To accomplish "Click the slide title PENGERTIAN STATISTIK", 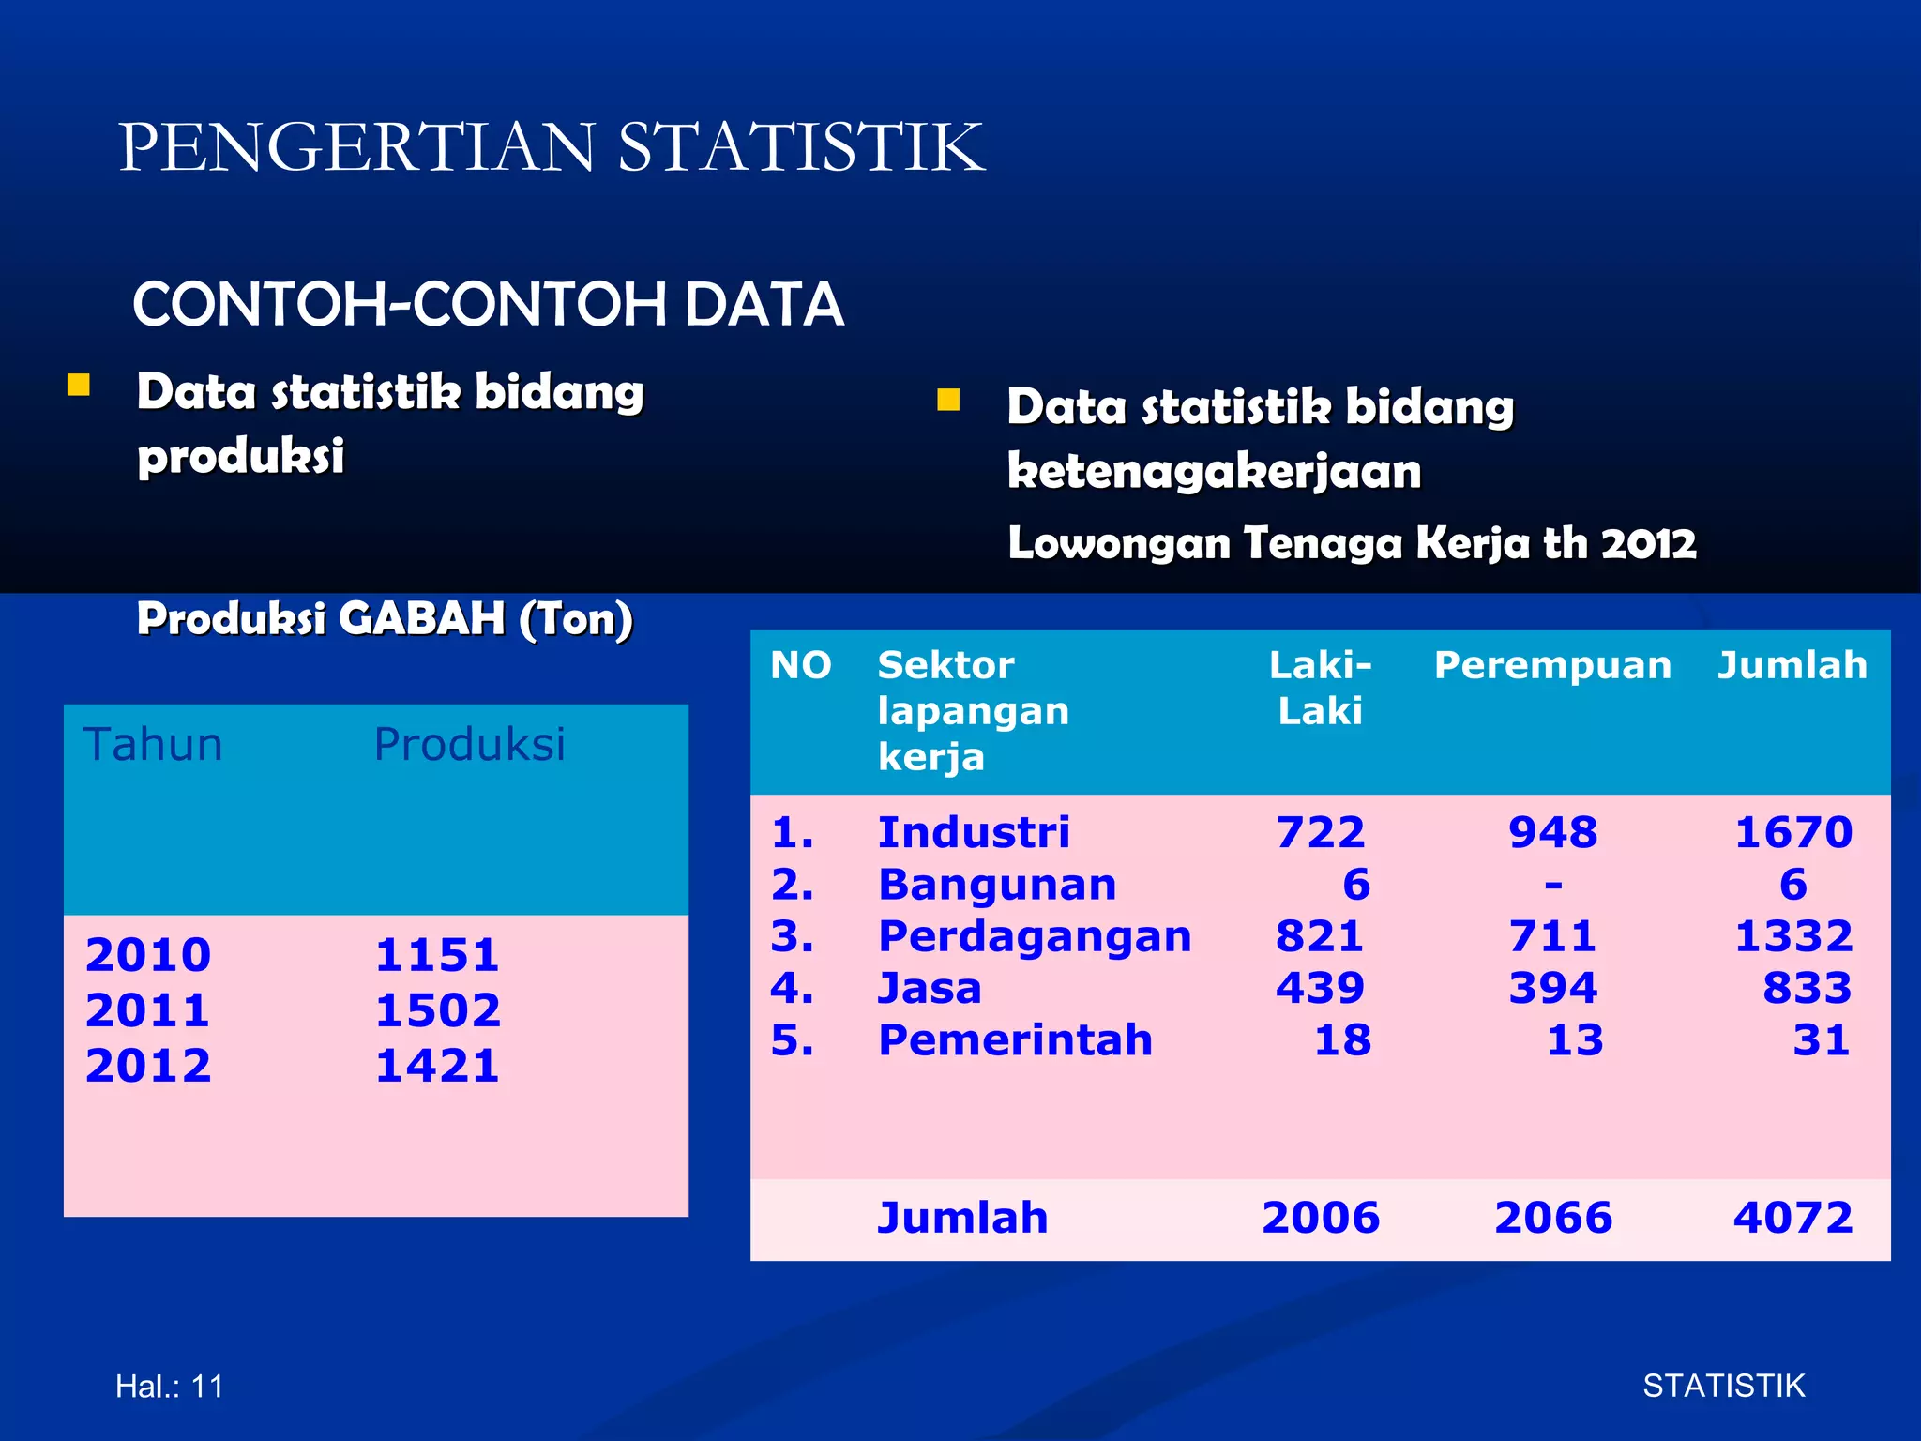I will (x=552, y=147).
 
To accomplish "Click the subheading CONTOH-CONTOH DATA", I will (x=488, y=305).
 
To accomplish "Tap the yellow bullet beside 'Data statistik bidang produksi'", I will (x=79, y=386).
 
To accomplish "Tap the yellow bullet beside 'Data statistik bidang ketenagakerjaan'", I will (x=948, y=401).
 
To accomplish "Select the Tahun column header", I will (x=153, y=745).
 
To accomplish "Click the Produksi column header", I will (x=469, y=745).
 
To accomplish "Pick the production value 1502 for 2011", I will (x=438, y=1010).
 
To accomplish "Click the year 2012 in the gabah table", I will (x=148, y=1066).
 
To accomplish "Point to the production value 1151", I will (x=437, y=955).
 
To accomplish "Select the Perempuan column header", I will (x=1552, y=665).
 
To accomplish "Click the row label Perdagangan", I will (x=1035, y=936).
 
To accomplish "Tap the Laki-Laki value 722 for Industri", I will (x=1320, y=832).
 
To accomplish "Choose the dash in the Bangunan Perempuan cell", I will (x=1553, y=885).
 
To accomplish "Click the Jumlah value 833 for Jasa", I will (x=1807, y=988).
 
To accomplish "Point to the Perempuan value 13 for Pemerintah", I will (x=1575, y=1040).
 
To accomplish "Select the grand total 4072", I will (x=1792, y=1218).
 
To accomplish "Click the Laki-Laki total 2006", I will (x=1321, y=1218).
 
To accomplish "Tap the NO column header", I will (x=801, y=665).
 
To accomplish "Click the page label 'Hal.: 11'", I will (x=170, y=1386).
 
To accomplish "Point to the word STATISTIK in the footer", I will (x=1723, y=1386).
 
